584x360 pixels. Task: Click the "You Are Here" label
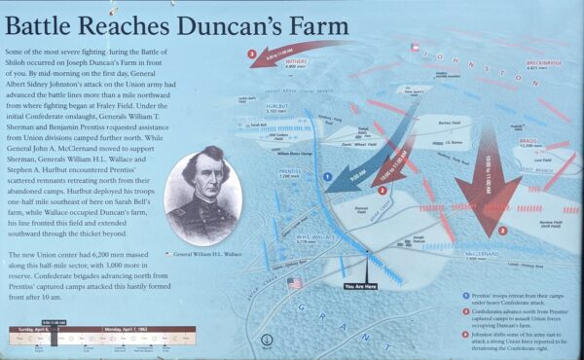tap(367, 286)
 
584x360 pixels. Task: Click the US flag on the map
tap(295, 283)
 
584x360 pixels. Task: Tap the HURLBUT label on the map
tap(274, 107)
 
